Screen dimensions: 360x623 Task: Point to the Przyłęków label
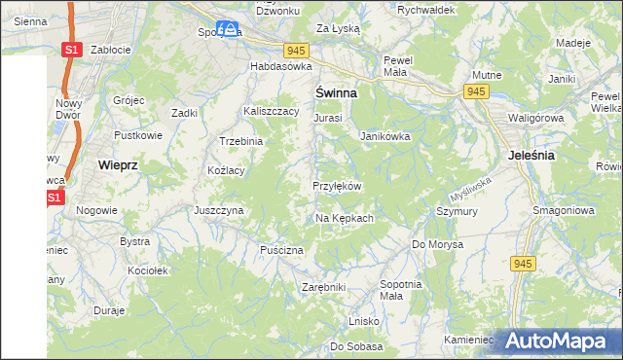coord(337,186)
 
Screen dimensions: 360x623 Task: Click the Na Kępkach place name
coord(345,218)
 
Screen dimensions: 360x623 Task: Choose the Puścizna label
coord(282,250)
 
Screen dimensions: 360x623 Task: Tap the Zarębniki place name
coord(324,288)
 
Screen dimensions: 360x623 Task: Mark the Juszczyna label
coord(218,209)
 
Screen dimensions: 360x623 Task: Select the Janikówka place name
coord(385,136)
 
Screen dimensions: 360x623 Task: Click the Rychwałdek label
coord(426,9)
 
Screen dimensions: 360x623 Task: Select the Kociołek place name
coord(149,270)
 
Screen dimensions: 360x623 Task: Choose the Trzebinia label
coord(241,141)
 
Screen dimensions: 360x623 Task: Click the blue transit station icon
coord(228,30)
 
